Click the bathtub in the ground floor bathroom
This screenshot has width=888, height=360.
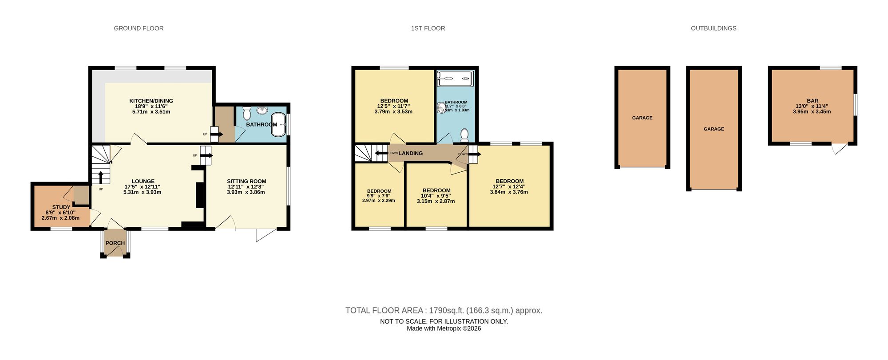[278, 125]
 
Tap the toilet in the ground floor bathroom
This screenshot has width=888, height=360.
[247, 113]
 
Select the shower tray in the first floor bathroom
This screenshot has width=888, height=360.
[456, 79]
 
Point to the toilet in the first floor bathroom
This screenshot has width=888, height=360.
[464, 134]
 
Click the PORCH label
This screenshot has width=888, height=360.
[115, 243]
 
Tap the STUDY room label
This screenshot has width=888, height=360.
[61, 207]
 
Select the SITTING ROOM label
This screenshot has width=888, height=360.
[246, 181]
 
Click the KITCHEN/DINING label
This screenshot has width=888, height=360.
[151, 101]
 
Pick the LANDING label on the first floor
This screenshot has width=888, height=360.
[411, 153]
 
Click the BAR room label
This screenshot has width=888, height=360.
[813, 101]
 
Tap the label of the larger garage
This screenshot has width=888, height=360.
[714, 129]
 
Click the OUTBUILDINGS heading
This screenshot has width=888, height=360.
[714, 28]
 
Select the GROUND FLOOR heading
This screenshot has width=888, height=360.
[139, 28]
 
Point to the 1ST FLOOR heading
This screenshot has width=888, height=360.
[428, 28]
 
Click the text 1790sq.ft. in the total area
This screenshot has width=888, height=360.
[446, 311]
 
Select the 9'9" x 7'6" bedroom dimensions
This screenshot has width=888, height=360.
[379, 196]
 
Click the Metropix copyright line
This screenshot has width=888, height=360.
[444, 329]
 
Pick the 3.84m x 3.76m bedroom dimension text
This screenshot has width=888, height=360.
[509, 192]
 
